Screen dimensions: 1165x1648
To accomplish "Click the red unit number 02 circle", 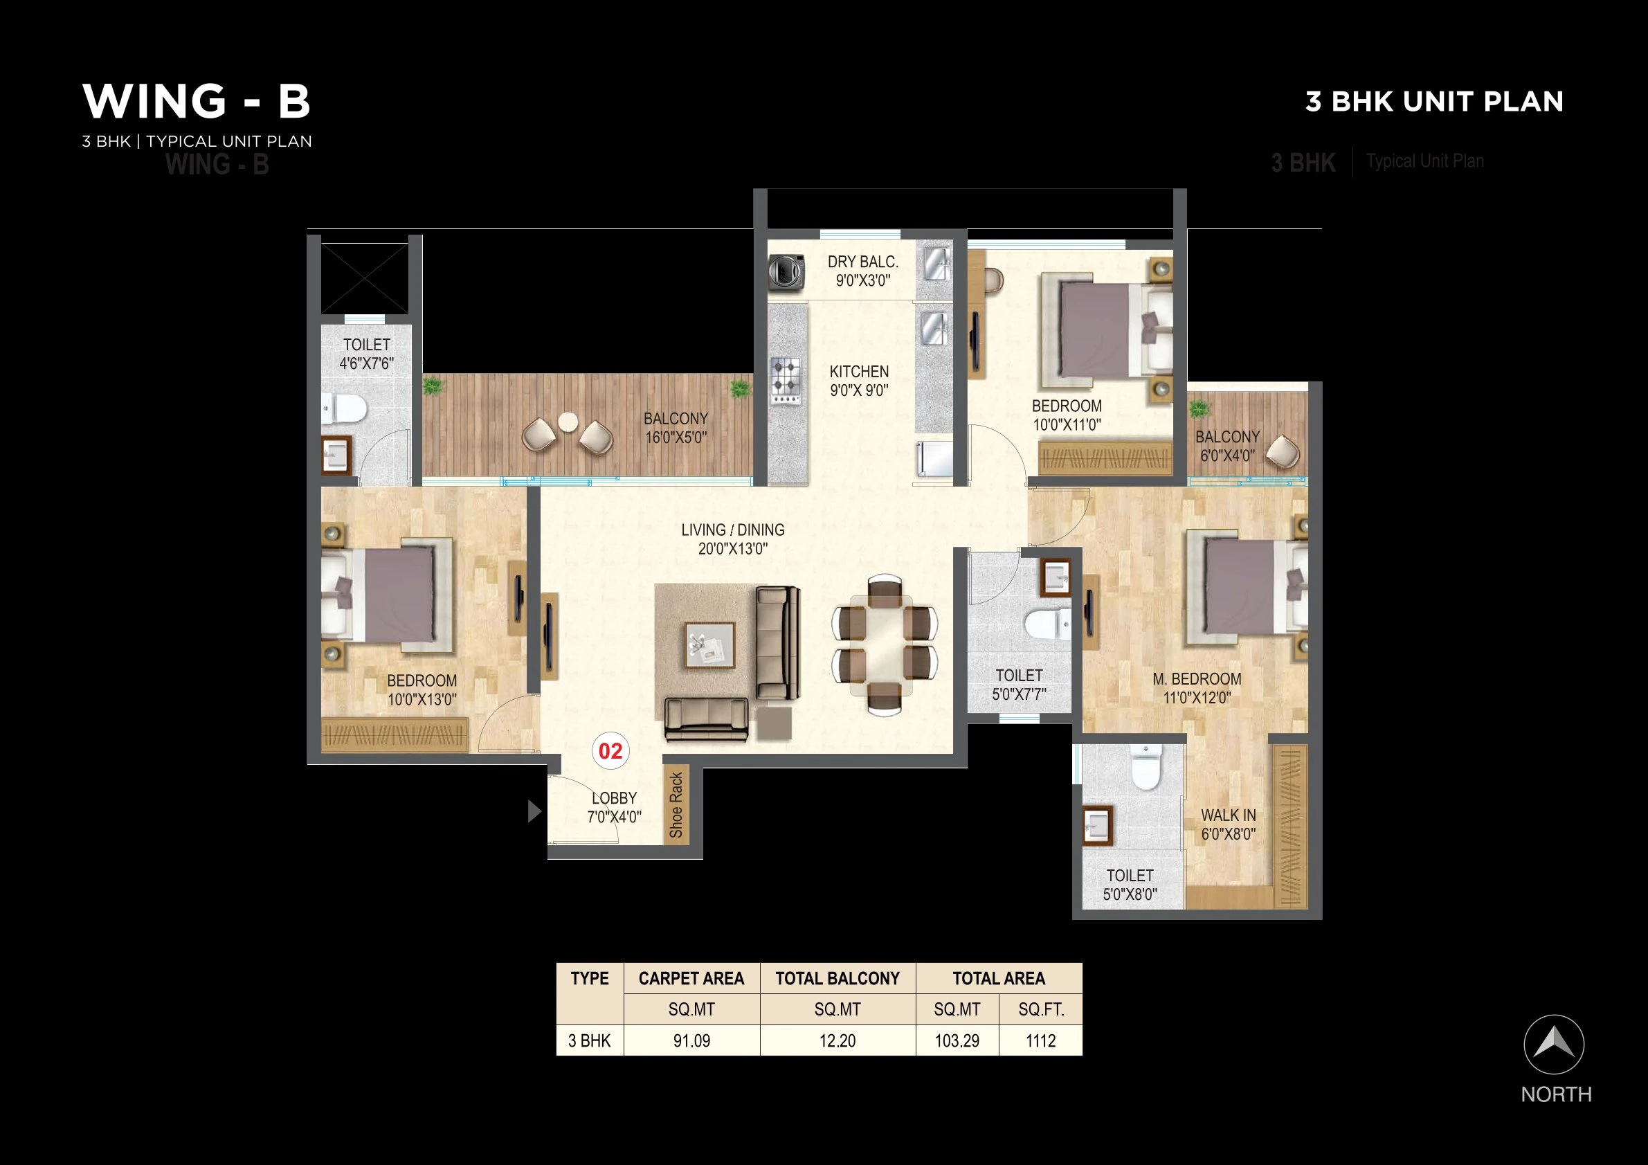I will pyautogui.click(x=610, y=751).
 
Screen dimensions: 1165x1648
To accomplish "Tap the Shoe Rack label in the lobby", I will pyautogui.click(x=676, y=804).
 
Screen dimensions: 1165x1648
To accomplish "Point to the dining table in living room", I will pyautogui.click(x=885, y=644).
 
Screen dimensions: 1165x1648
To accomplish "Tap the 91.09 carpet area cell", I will pyautogui.click(x=691, y=1041).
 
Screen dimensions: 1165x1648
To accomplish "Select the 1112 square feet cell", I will pyautogui.click(x=1040, y=1041).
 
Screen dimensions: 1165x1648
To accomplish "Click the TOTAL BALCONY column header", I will pyautogui.click(x=837, y=978).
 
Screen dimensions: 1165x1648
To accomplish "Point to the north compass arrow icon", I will pyautogui.click(x=1553, y=1045).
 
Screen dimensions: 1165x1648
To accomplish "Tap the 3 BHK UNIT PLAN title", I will pyautogui.click(x=1433, y=102).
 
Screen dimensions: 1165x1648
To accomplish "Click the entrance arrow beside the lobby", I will pyautogui.click(x=534, y=811).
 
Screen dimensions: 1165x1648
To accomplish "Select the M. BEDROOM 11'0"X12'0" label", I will pyautogui.click(x=1197, y=687).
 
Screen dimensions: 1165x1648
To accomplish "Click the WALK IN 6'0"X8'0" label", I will pyautogui.click(x=1228, y=824).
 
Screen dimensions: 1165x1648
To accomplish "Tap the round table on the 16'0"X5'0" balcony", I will pyautogui.click(x=568, y=422).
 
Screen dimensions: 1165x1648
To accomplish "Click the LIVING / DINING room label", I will pyautogui.click(x=732, y=539).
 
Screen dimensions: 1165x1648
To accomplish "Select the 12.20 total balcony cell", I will pyautogui.click(x=837, y=1041).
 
